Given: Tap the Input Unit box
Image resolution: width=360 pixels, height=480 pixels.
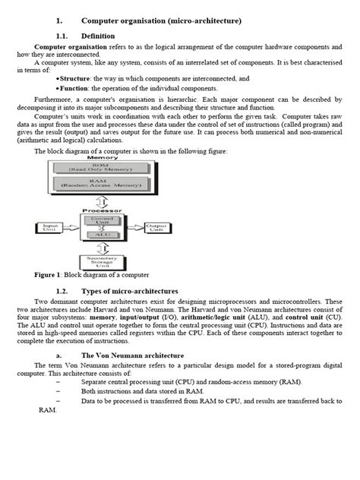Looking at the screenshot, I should click(51, 227).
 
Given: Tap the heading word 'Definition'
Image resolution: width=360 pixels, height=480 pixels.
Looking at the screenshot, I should click(97, 36).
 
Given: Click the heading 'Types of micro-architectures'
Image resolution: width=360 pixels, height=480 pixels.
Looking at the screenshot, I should click(130, 291).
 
